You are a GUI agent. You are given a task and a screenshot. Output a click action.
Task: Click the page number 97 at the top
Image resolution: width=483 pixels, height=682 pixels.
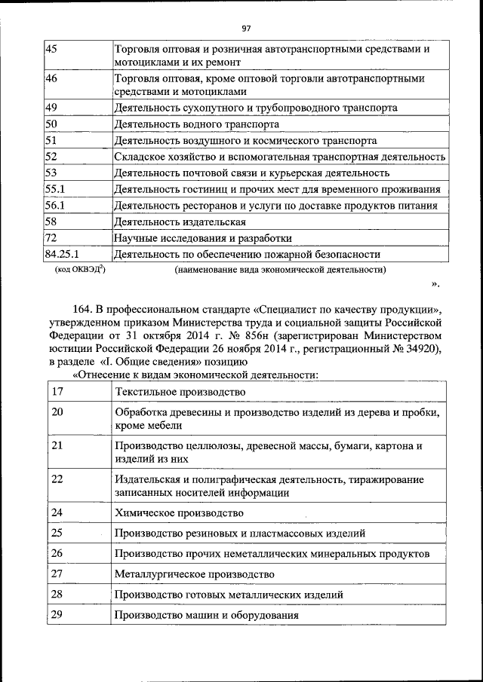[246, 29]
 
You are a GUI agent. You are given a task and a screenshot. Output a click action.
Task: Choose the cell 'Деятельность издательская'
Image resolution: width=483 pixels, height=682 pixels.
[180, 222]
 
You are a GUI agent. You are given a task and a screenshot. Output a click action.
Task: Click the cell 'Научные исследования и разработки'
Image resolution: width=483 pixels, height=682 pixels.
[202, 238]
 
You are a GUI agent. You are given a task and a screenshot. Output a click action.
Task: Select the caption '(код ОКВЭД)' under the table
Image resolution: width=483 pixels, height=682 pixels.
[79, 269]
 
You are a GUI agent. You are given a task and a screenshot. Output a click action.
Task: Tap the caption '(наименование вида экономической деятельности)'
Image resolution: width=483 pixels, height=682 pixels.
[280, 269]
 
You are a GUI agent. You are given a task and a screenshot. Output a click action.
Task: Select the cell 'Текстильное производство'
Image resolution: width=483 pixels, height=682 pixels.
[180, 391]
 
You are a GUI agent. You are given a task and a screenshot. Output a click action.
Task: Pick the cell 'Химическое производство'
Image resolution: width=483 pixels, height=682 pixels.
[179, 512]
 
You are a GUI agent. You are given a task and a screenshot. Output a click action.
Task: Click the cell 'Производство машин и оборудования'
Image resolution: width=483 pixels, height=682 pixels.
[206, 615]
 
